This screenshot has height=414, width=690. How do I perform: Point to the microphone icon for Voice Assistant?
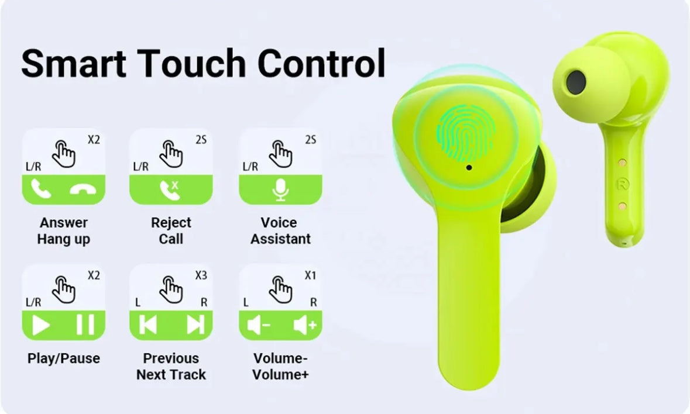(281, 190)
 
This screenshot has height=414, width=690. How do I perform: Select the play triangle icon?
(41, 325)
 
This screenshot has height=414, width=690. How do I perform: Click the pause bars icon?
(85, 325)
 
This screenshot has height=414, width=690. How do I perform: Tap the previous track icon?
(148, 325)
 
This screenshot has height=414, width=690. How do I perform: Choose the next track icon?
(195, 325)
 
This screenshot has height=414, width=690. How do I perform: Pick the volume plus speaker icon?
(304, 326)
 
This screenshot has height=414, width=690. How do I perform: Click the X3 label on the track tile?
(201, 275)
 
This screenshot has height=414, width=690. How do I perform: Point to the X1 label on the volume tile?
(310, 275)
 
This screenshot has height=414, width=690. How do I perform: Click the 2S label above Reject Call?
(201, 140)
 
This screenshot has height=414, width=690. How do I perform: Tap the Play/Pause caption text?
(64, 358)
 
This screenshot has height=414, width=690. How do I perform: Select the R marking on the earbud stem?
(622, 183)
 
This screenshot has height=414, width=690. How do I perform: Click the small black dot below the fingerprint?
(469, 168)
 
